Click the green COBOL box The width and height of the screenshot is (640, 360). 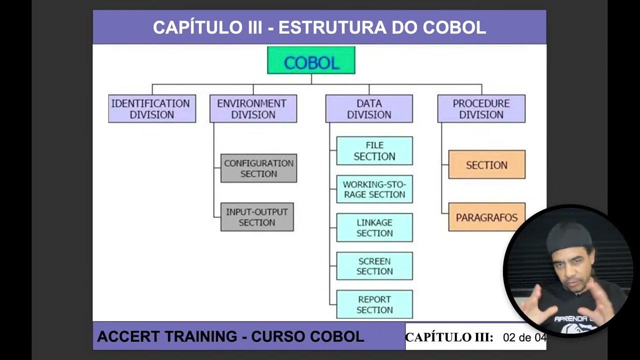311,60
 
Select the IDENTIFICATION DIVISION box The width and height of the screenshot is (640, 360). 152,108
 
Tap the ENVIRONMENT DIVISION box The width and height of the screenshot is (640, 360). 253,108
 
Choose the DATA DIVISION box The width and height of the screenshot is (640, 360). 369,108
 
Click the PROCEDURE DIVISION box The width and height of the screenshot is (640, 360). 481,108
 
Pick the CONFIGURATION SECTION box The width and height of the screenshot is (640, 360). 258,168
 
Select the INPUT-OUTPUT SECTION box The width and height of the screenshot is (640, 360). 257,217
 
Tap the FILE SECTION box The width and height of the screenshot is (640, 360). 374,150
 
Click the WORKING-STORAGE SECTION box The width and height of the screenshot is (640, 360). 374,189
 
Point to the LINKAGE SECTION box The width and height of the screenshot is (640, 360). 374,227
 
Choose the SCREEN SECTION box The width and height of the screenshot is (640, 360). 374,266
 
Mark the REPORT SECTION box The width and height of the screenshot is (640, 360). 374,304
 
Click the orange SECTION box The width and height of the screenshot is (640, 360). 486,164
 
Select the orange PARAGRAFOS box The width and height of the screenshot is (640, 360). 486,217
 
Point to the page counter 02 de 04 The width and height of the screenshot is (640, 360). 524,337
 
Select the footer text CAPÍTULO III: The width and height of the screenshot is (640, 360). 449,337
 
